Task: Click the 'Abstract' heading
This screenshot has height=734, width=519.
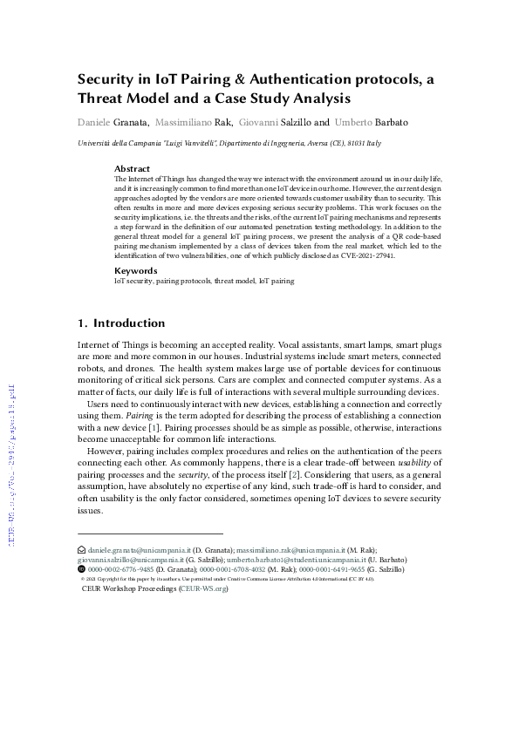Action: click(132, 167)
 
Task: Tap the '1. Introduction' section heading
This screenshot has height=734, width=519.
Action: click(121, 323)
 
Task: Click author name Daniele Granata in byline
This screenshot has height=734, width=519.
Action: click(113, 123)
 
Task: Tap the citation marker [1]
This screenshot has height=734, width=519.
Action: click(175, 428)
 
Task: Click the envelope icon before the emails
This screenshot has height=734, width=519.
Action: click(82, 551)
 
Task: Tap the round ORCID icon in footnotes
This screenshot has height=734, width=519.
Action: click(82, 568)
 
